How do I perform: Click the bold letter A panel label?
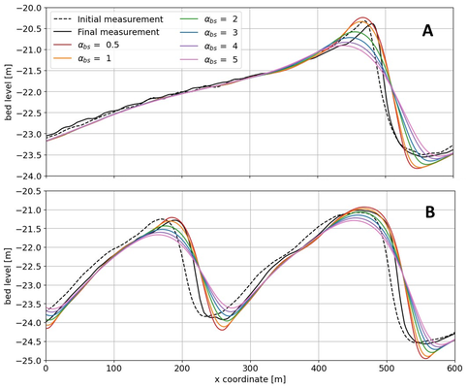(x=427, y=32)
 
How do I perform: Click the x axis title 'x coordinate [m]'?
(x=250, y=380)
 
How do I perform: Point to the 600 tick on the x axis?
(x=454, y=368)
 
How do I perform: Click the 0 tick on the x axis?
(x=46, y=368)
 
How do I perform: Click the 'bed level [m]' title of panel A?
(x=8, y=91)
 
